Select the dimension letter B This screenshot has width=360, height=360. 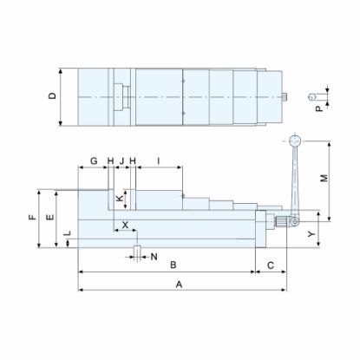(173, 264)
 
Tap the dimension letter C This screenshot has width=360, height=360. (271, 264)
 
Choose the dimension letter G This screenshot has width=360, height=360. (92, 160)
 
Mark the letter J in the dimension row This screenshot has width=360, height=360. (121, 160)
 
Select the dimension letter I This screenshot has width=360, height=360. (159, 160)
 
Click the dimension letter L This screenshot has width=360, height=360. (68, 235)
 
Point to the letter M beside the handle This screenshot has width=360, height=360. (324, 179)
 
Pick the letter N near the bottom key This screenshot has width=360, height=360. (154, 257)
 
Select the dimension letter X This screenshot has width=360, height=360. (125, 225)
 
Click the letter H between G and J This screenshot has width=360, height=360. (111, 160)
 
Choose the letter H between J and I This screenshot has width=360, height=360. (133, 160)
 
